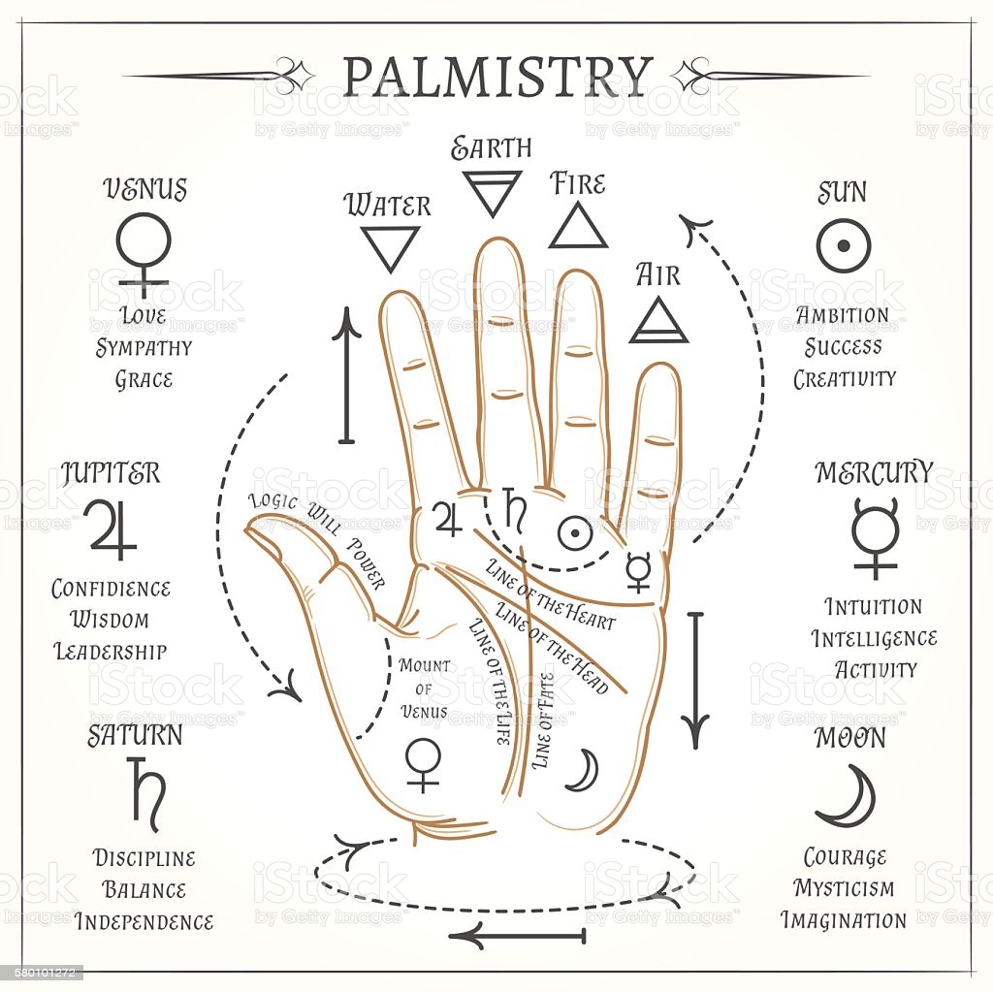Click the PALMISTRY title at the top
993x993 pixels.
click(497, 77)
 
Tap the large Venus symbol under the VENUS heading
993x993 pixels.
click(144, 252)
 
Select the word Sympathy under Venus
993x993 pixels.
click(144, 347)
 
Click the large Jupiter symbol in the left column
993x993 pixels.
click(112, 529)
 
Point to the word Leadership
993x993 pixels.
click(110, 651)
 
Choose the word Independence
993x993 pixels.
click(144, 920)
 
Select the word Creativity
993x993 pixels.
click(844, 378)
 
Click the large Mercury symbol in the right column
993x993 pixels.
click(876, 537)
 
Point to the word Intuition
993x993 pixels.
click(873, 607)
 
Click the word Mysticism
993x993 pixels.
click(844, 888)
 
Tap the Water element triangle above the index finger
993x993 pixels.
click(390, 247)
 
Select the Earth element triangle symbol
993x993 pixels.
click(492, 192)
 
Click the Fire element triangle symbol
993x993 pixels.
click(578, 225)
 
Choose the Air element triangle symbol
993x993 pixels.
click(658, 320)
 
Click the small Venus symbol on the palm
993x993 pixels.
click(423, 765)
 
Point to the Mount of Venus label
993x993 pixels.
click(425, 689)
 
